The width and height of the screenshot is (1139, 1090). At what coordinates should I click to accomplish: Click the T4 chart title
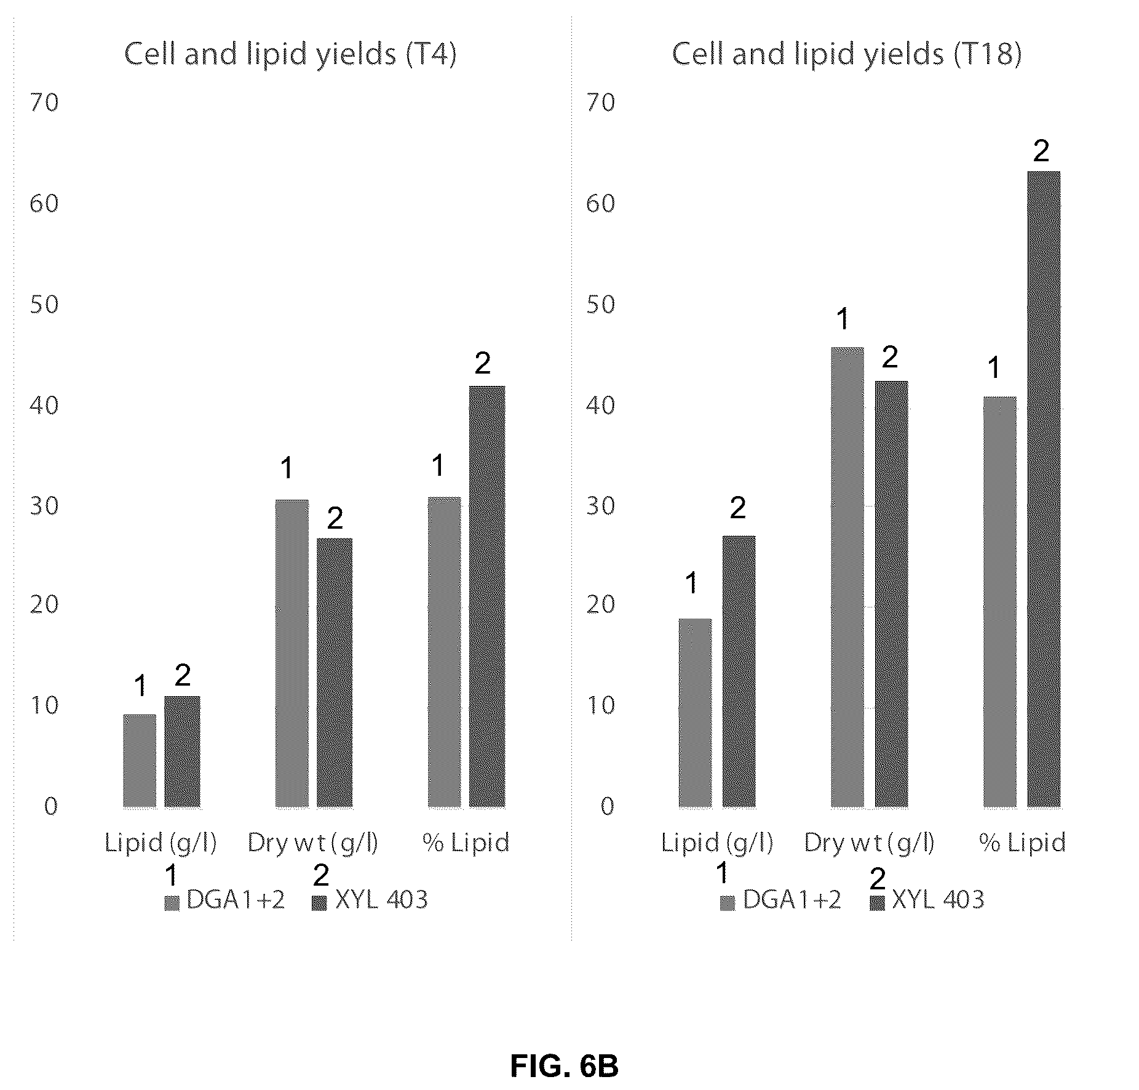[x=290, y=54]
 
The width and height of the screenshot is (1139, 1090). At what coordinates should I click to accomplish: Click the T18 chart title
[x=846, y=54]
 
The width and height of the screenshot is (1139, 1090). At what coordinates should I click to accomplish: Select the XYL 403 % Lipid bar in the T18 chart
[x=1044, y=489]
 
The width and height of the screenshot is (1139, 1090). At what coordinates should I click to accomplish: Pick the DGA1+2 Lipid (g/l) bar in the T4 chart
[x=140, y=761]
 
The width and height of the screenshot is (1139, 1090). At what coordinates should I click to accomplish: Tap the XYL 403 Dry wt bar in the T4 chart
[x=335, y=673]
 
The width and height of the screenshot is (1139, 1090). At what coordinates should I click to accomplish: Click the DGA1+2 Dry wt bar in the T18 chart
[x=847, y=577]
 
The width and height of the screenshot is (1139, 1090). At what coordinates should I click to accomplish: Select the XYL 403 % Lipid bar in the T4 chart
[x=487, y=596]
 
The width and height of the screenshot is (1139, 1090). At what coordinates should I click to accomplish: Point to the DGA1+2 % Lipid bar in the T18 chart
[x=1000, y=602]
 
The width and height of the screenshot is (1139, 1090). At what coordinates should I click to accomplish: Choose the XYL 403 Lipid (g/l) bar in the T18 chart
[x=739, y=671]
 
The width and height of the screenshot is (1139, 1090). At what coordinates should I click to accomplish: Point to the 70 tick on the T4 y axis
[x=44, y=102]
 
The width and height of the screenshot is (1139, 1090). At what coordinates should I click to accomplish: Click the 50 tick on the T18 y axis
[x=601, y=305]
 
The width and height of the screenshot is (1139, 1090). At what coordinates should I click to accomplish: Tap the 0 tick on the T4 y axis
[x=51, y=806]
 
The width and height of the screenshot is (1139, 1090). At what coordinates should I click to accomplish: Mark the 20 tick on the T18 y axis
[x=601, y=605]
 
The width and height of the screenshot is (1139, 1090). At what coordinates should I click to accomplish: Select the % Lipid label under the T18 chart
[x=1022, y=843]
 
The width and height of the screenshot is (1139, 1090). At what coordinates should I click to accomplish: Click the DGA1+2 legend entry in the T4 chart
[x=225, y=900]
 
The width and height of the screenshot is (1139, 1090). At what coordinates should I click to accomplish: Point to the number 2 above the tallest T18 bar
[x=1041, y=151]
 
